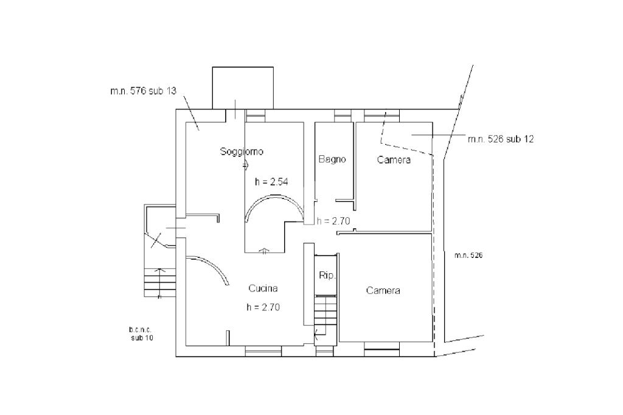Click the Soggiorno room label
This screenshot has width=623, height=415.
tap(242, 152)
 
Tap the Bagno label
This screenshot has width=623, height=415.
tap(332, 159)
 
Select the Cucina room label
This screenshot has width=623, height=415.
tap(263, 288)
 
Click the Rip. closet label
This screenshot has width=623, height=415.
tap(327, 276)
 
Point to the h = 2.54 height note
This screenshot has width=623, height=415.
tap(270, 181)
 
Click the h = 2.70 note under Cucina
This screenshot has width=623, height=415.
tap(263, 307)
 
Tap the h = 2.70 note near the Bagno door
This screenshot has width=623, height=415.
tap(333, 221)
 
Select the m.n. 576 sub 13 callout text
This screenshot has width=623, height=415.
tap(143, 91)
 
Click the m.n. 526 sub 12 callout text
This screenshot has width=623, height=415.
tap(501, 139)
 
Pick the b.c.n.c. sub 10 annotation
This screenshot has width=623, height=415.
tap(141, 333)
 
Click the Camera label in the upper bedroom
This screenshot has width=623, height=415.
tap(394, 160)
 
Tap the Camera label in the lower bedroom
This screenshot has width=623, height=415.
tap(383, 291)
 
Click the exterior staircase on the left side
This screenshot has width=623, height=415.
tap(160, 283)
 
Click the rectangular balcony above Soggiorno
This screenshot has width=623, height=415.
tap(243, 88)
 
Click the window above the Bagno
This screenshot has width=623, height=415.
tap(343, 114)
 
